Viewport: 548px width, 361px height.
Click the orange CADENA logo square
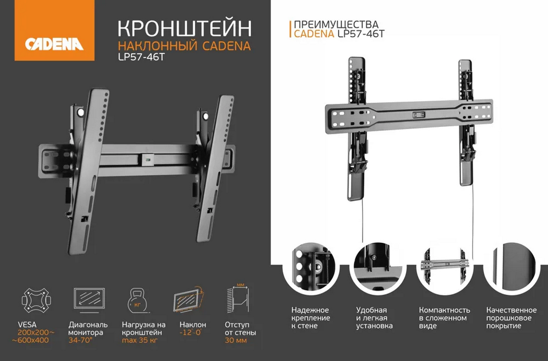point(54,30)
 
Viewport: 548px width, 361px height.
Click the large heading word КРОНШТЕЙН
point(185,29)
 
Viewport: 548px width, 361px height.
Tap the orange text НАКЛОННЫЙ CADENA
point(184,46)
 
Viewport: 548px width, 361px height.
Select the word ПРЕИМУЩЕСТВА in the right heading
point(336,25)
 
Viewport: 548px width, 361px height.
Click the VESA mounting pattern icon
point(36,300)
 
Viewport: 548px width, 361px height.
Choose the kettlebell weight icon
point(138,300)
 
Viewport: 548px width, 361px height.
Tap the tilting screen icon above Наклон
point(189,299)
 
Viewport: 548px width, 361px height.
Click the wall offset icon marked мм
point(237,298)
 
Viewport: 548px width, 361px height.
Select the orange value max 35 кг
point(140,340)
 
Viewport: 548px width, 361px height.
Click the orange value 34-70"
point(81,340)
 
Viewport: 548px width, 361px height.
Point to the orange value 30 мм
point(236,340)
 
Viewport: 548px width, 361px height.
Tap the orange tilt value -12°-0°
point(190,332)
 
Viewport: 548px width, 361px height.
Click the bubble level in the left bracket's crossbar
point(147,159)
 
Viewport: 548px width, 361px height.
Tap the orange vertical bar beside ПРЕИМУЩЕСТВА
point(290,29)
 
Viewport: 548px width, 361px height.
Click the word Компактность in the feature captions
point(444,310)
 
